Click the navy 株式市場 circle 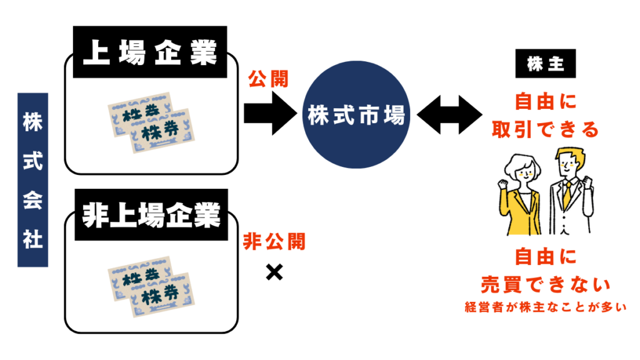point(356,116)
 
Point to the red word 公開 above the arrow point(268,79)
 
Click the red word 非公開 point(274,241)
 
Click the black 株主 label point(544,66)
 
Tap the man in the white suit point(569,194)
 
